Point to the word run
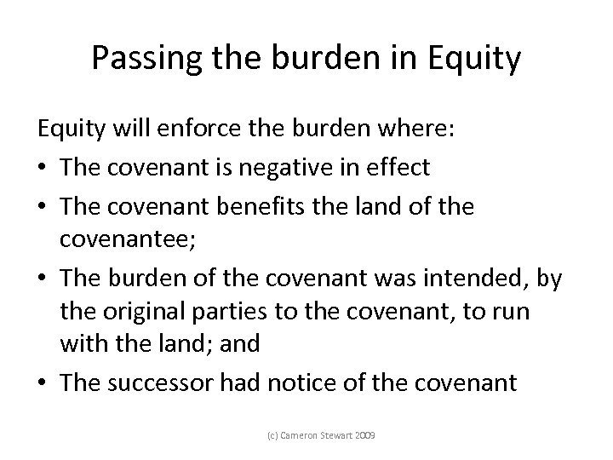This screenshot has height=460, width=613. click(511, 311)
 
